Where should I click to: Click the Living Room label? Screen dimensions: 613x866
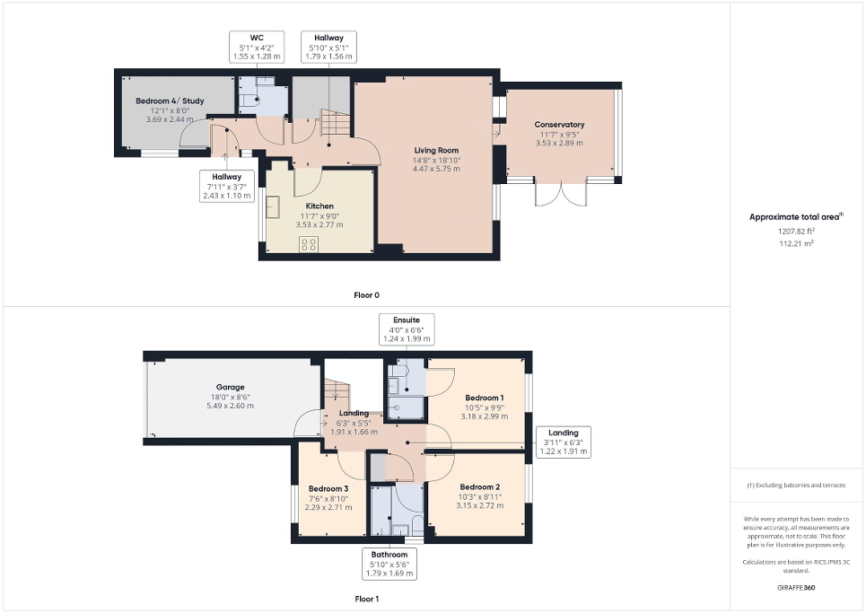click(x=436, y=150)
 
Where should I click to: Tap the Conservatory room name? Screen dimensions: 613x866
click(x=559, y=125)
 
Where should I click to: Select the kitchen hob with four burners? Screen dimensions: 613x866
click(x=309, y=243)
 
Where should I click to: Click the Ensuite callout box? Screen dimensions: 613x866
click(x=407, y=328)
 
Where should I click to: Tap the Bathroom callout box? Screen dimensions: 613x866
click(x=389, y=563)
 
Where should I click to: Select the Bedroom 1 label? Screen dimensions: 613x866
click(x=484, y=398)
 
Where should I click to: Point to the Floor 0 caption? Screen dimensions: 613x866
click(x=366, y=294)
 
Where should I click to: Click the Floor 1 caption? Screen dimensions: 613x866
click(x=367, y=598)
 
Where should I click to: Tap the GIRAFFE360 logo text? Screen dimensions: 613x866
click(x=798, y=588)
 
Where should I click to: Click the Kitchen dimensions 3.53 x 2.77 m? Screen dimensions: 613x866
click(x=314, y=224)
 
